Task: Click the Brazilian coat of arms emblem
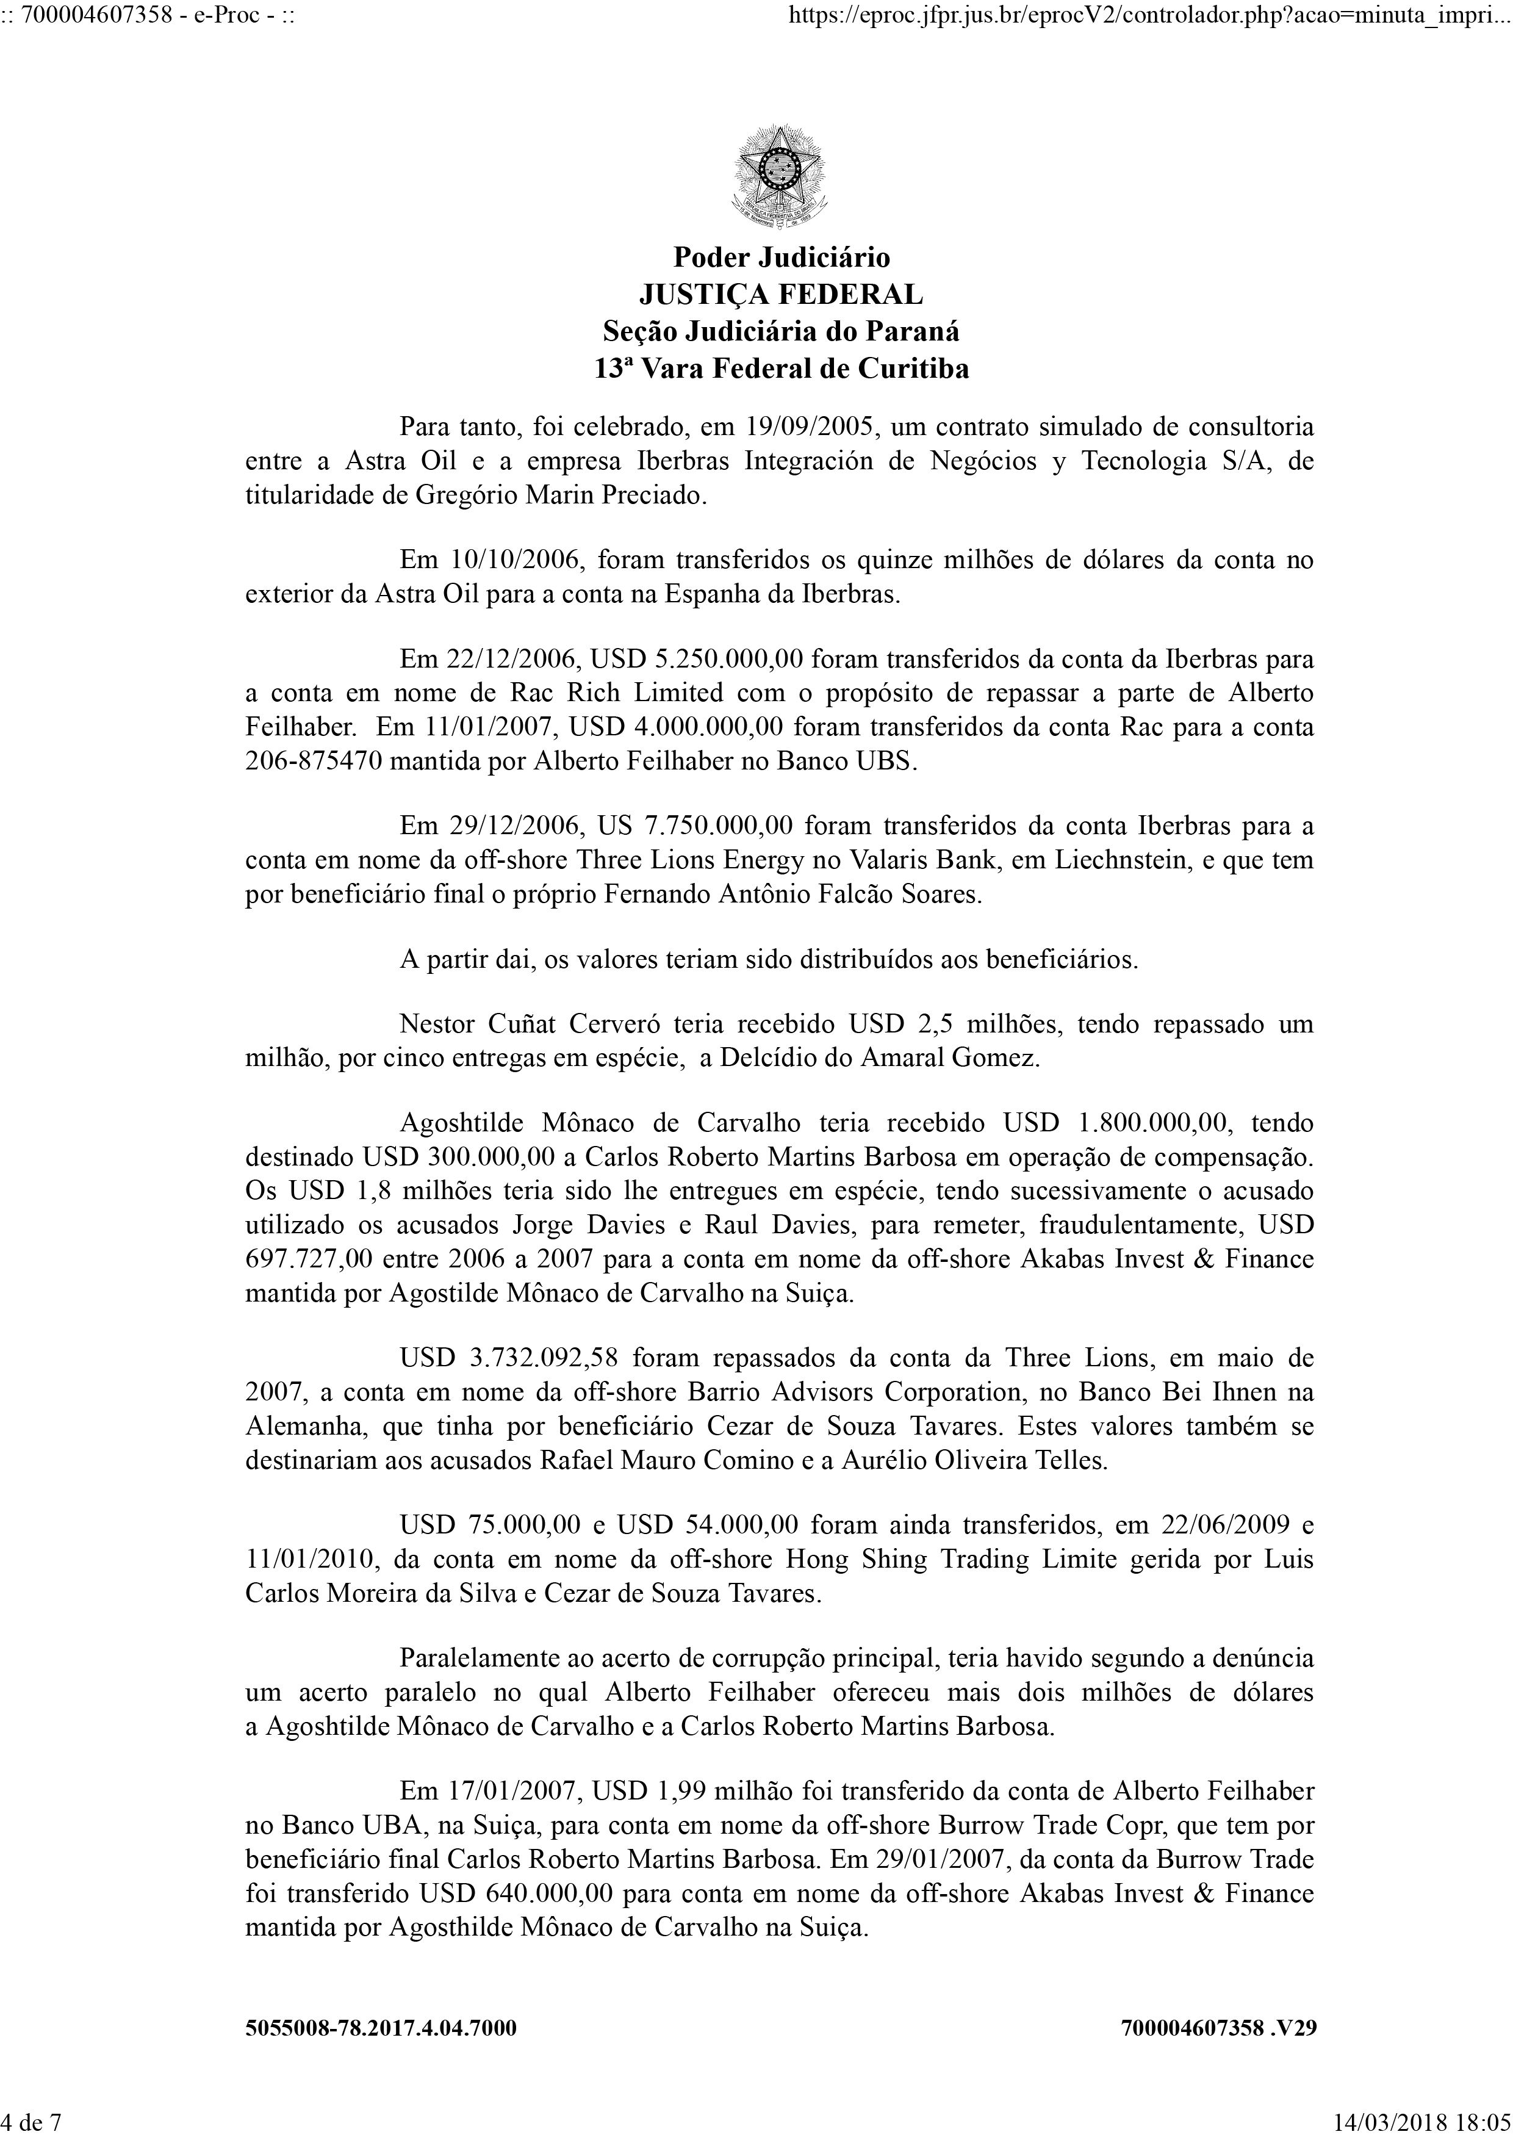781,179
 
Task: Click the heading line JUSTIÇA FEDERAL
781,295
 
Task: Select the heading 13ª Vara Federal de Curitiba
781,369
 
